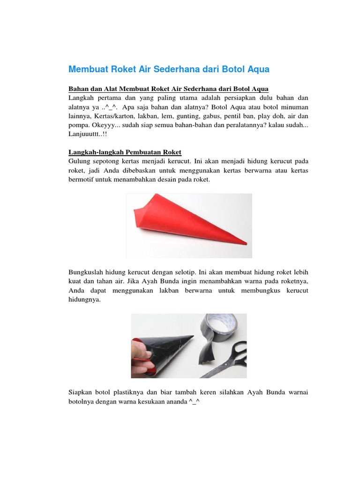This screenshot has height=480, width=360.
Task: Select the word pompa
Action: coord(79,124)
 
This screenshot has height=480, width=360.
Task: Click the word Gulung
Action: coord(79,161)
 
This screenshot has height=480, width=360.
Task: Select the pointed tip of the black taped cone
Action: coord(192,336)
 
